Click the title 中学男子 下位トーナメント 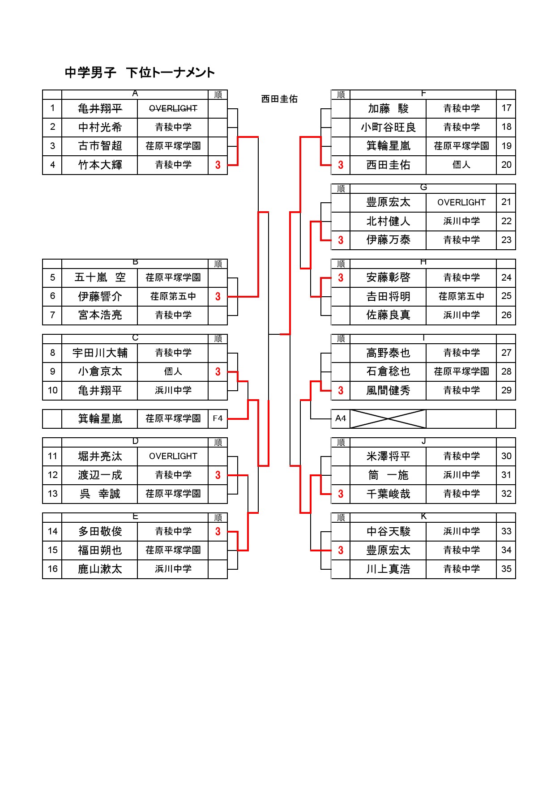tap(140, 73)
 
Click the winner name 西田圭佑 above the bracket tap(279, 99)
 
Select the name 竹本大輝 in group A tap(100, 165)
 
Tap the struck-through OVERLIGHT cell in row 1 tap(173, 108)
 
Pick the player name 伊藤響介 tap(100, 296)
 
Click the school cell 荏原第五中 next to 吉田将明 tap(461, 296)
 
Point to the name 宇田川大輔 tap(100, 353)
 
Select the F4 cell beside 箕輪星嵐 tap(218, 418)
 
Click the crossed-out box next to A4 tap(388, 419)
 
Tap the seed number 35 tap(506, 569)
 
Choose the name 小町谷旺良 tap(388, 128)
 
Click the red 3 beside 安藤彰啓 tap(341, 277)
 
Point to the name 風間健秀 tap(388, 391)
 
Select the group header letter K tap(423, 516)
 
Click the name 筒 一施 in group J tap(388, 475)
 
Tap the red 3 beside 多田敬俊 tap(218, 532)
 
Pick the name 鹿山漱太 tap(100, 569)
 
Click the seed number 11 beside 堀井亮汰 tap(52, 456)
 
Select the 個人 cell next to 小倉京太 tap(173, 371)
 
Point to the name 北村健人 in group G tap(388, 222)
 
